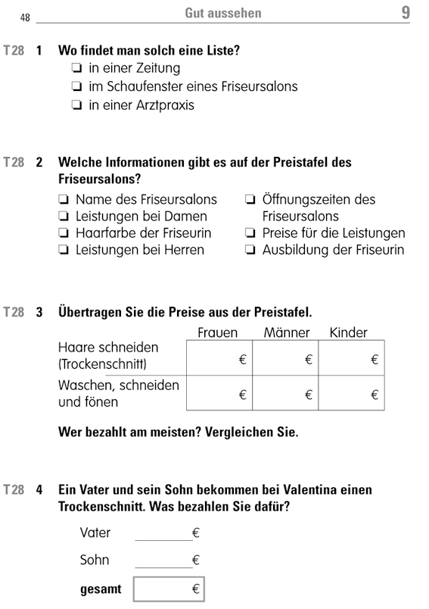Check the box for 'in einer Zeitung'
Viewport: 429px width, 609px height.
[x=77, y=69]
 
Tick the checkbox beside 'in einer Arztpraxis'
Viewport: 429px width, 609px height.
[x=77, y=106]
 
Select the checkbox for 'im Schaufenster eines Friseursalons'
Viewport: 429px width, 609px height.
[x=77, y=87]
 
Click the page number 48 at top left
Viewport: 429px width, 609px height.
[x=25, y=16]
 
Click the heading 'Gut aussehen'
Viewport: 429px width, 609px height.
[x=222, y=14]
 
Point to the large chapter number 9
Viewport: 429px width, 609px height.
[x=406, y=13]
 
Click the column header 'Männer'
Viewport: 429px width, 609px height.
[x=287, y=333]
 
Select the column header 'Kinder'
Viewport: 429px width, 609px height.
[x=349, y=333]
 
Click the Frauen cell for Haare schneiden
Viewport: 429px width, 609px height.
[x=219, y=358]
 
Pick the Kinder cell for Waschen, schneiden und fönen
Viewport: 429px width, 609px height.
[x=351, y=393]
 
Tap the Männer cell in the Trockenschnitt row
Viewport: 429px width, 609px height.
[x=285, y=358]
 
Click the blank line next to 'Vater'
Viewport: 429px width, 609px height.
[x=163, y=535]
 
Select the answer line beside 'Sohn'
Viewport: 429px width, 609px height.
[x=163, y=562]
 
